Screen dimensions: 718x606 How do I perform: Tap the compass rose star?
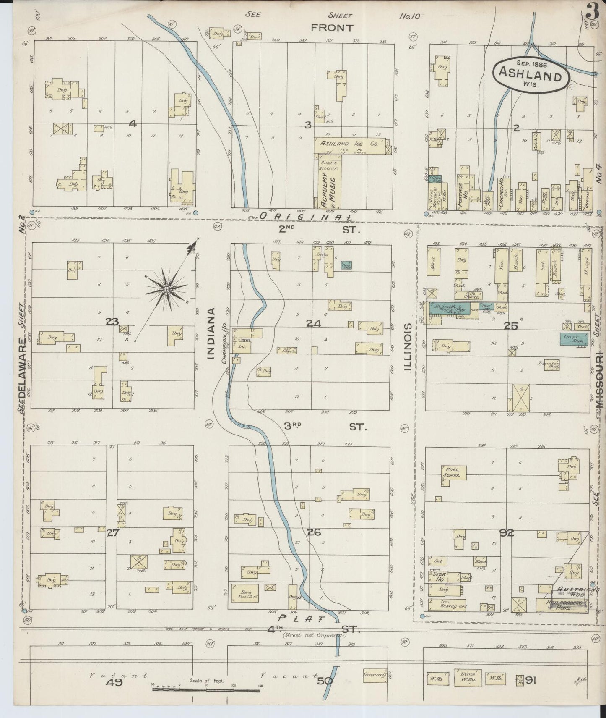pos(166,289)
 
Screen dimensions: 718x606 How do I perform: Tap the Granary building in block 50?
pos(374,675)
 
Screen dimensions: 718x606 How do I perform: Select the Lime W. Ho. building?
pos(468,677)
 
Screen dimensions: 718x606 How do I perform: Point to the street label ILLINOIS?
pos(406,347)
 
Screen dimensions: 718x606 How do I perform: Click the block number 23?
pos(112,322)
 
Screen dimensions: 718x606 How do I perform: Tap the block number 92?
pos(507,533)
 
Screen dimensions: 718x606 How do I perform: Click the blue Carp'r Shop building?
pos(574,339)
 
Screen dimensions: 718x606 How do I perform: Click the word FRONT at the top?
pos(332,28)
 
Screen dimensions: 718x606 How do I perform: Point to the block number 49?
pos(114,682)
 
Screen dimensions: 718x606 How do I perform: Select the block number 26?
pos(314,532)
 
